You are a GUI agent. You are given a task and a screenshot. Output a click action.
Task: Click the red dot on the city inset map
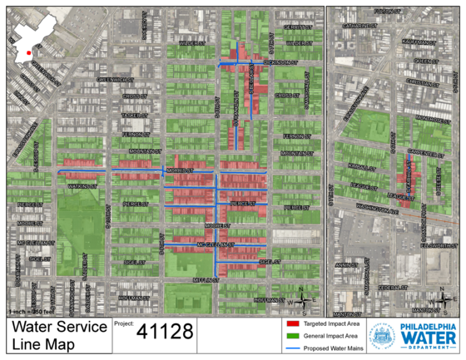(x=28, y=52)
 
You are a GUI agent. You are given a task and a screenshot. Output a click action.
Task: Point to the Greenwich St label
(x=113, y=80)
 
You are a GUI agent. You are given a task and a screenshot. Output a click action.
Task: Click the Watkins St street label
(x=84, y=186)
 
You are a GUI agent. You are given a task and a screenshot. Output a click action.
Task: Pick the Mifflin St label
(x=205, y=280)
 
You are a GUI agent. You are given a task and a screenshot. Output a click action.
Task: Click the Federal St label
(x=391, y=287)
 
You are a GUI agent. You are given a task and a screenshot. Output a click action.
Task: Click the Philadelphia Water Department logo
(x=428, y=337)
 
